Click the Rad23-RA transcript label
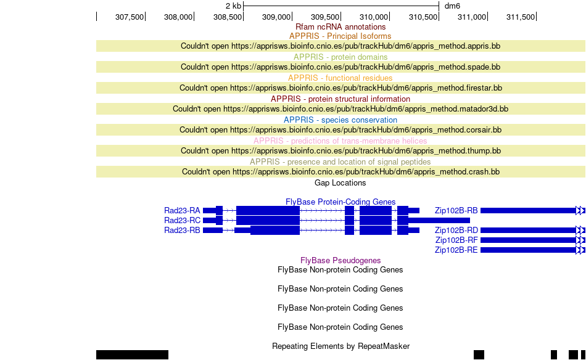click(182, 211)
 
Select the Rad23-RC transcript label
click(182, 220)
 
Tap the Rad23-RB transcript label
click(182, 231)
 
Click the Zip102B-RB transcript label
click(456, 211)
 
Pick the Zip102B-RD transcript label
click(456, 231)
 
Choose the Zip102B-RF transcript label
click(456, 240)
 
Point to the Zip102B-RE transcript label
click(456, 250)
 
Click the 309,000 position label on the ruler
click(276, 17)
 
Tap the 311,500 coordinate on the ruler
click(521, 17)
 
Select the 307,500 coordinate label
click(130, 17)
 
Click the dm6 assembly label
click(452, 6)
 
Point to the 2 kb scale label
click(233, 6)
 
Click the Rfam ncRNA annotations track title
click(340, 27)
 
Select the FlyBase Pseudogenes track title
click(340, 260)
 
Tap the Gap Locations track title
click(340, 183)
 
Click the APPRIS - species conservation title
click(340, 120)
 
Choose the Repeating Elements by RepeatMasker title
click(341, 346)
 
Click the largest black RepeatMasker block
click(132, 355)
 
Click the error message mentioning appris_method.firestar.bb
click(341, 88)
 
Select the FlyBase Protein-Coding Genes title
click(340, 202)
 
